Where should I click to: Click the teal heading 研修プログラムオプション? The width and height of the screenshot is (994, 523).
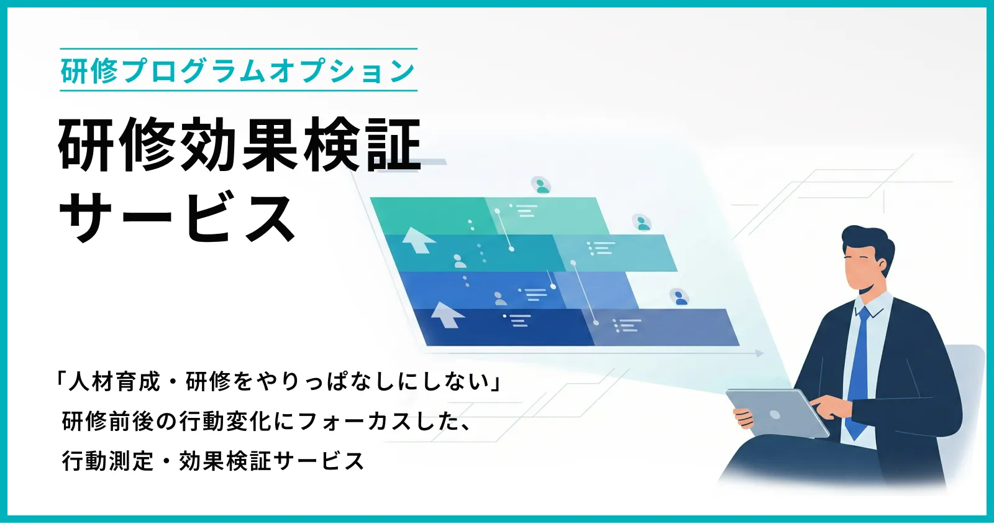click(238, 71)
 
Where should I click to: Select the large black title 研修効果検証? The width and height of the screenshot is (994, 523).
click(240, 146)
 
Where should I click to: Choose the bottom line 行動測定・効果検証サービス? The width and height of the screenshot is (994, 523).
click(213, 461)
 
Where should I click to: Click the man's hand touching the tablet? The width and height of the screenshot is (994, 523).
click(826, 407)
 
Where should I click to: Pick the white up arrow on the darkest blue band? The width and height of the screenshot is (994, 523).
click(446, 314)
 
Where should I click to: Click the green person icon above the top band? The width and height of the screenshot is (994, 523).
click(542, 185)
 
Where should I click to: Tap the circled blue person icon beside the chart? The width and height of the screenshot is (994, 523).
click(679, 297)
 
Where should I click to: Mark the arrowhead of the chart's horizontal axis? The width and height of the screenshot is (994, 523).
click(760, 353)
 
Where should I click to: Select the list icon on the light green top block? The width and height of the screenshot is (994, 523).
click(523, 210)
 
